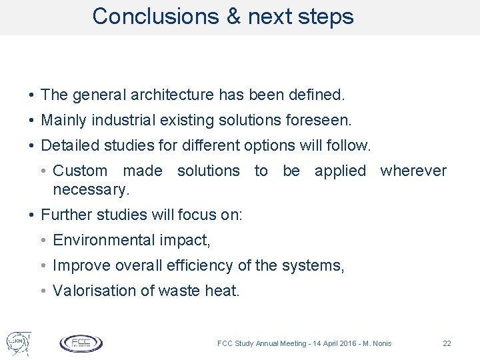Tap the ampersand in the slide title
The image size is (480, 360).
point(234,16)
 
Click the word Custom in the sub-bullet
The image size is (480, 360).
point(80,171)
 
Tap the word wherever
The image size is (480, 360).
point(413,171)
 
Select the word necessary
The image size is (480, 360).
point(91,189)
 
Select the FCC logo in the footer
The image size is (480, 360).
point(81,343)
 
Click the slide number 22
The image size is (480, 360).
point(447,343)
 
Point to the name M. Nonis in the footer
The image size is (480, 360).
point(376,343)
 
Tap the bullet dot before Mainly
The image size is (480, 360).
point(32,121)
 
